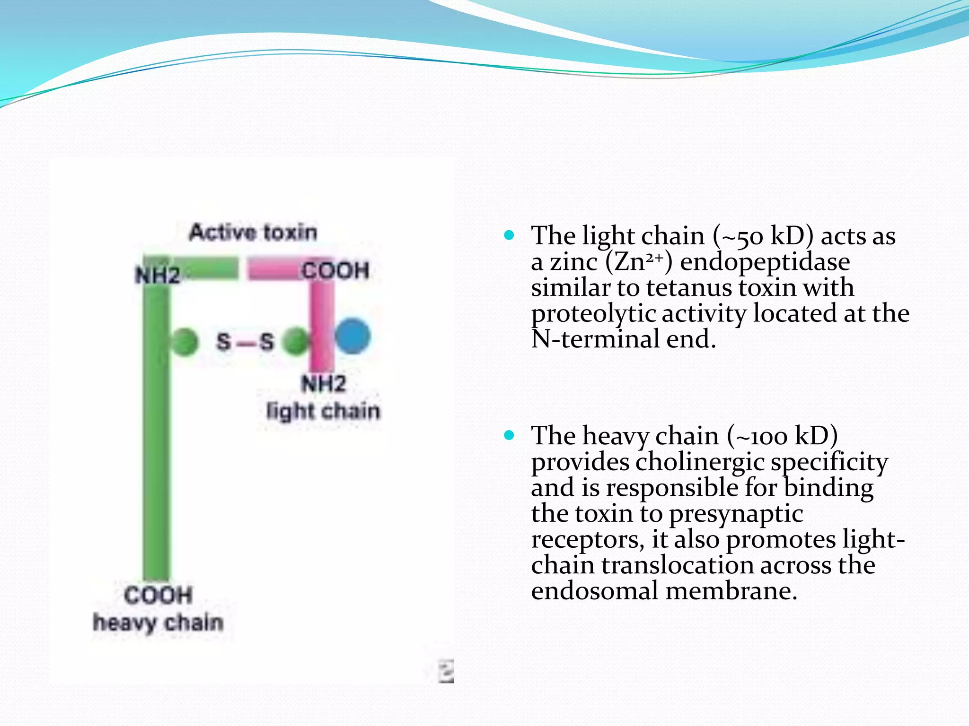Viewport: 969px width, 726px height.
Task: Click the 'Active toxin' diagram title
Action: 253,232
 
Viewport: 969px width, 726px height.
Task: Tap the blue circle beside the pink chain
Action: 352,337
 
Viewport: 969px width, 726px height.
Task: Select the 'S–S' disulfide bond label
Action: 245,341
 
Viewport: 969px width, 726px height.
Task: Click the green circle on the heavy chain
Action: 184,341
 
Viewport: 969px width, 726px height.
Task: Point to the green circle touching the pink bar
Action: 296,341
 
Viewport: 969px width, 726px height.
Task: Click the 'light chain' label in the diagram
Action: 323,411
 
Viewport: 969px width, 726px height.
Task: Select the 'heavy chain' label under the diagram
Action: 158,622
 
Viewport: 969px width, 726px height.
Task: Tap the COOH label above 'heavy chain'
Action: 158,595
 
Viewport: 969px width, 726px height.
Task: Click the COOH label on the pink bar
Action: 335,271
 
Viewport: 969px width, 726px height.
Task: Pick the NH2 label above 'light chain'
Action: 324,383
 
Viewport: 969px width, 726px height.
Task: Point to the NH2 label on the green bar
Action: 157,275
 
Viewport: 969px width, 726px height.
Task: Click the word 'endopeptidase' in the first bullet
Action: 765,262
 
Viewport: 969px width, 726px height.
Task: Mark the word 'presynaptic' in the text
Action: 736,514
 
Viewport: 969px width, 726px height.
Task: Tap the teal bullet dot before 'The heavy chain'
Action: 509,435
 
